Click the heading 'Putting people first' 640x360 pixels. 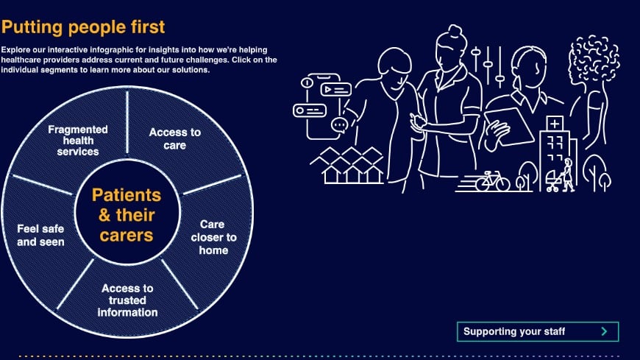click(x=83, y=28)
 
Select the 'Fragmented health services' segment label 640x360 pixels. click(x=78, y=140)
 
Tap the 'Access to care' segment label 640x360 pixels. click(x=174, y=138)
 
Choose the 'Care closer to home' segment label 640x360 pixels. click(x=213, y=237)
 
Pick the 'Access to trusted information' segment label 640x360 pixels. click(x=128, y=300)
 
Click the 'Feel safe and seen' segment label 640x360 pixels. click(x=40, y=235)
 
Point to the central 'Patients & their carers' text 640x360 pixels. click(x=127, y=215)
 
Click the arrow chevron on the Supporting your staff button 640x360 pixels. click(x=604, y=331)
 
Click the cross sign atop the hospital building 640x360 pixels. click(x=555, y=122)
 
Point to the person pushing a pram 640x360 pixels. click(x=567, y=174)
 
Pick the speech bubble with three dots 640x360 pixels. click(x=339, y=124)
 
